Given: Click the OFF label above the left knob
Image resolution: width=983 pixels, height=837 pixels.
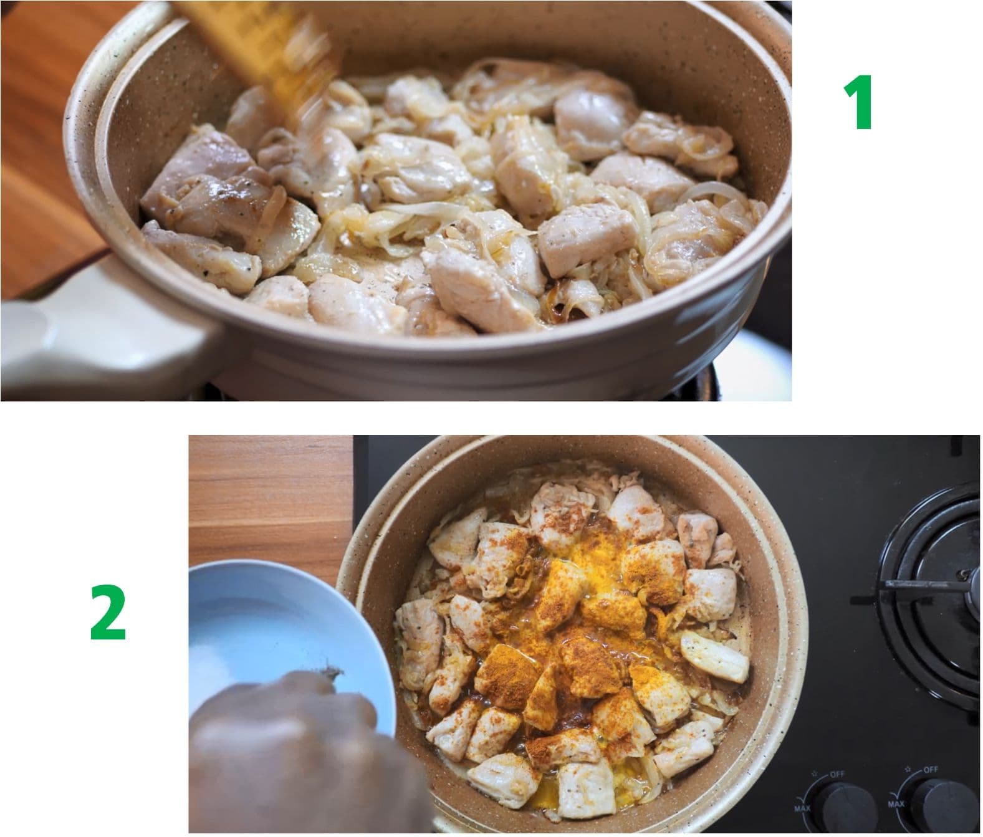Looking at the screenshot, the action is pos(837,775).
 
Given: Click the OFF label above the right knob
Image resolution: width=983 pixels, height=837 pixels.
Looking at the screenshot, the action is pos(930,770).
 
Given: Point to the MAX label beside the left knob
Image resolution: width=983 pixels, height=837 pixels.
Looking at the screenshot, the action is pos(801,808).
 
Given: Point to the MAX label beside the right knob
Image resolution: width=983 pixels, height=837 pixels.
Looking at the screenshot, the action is pos(896,804).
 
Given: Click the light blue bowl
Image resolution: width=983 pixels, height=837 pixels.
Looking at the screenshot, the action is pos(285,633).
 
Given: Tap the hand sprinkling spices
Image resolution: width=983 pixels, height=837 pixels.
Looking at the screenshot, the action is pos(304,752).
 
